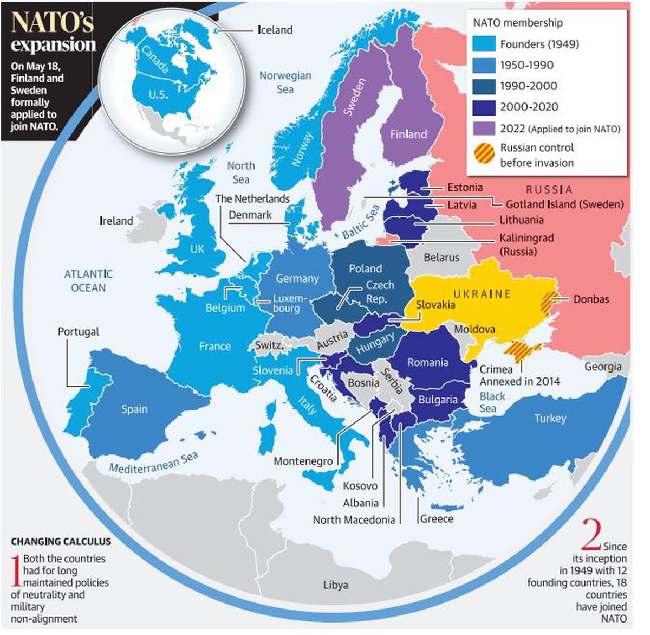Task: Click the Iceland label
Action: (x=275, y=30)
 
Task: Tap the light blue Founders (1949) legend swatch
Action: (x=484, y=44)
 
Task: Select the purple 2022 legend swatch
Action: (x=484, y=129)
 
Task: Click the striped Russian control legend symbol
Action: (x=484, y=155)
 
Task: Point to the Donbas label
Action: (x=591, y=299)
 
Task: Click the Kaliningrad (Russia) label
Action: (x=526, y=245)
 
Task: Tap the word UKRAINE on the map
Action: (x=482, y=294)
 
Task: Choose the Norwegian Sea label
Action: (x=285, y=82)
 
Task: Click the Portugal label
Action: (x=79, y=331)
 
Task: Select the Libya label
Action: (x=336, y=585)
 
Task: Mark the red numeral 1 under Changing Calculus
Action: (x=16, y=570)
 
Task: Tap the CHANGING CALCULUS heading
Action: (x=61, y=541)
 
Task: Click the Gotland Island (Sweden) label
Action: (x=564, y=204)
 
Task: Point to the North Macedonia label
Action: (x=354, y=519)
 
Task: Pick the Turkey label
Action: (x=550, y=418)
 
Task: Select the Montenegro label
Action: (x=303, y=461)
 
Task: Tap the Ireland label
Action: (x=116, y=221)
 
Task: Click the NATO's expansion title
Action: (x=53, y=33)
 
